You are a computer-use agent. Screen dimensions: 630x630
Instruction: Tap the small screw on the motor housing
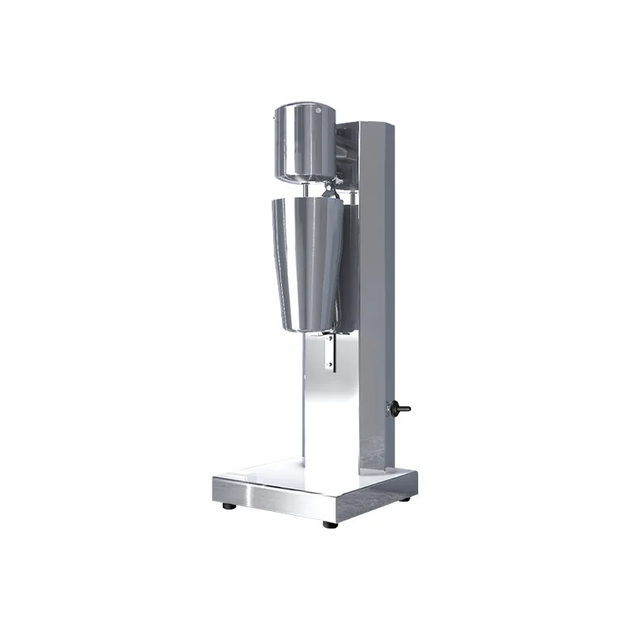(319, 112)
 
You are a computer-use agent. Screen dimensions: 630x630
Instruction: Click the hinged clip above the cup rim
(330, 190)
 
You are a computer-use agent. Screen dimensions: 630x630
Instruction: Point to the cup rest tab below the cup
(332, 352)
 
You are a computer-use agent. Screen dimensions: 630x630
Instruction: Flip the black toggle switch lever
(405, 409)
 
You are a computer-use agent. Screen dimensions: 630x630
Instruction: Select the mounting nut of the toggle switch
(393, 408)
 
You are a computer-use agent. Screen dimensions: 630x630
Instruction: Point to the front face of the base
(268, 501)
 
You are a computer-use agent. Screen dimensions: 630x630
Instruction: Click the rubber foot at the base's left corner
(227, 505)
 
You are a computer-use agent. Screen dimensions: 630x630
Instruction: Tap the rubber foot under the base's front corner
(329, 524)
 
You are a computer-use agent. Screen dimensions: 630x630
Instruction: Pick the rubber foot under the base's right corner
(405, 498)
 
